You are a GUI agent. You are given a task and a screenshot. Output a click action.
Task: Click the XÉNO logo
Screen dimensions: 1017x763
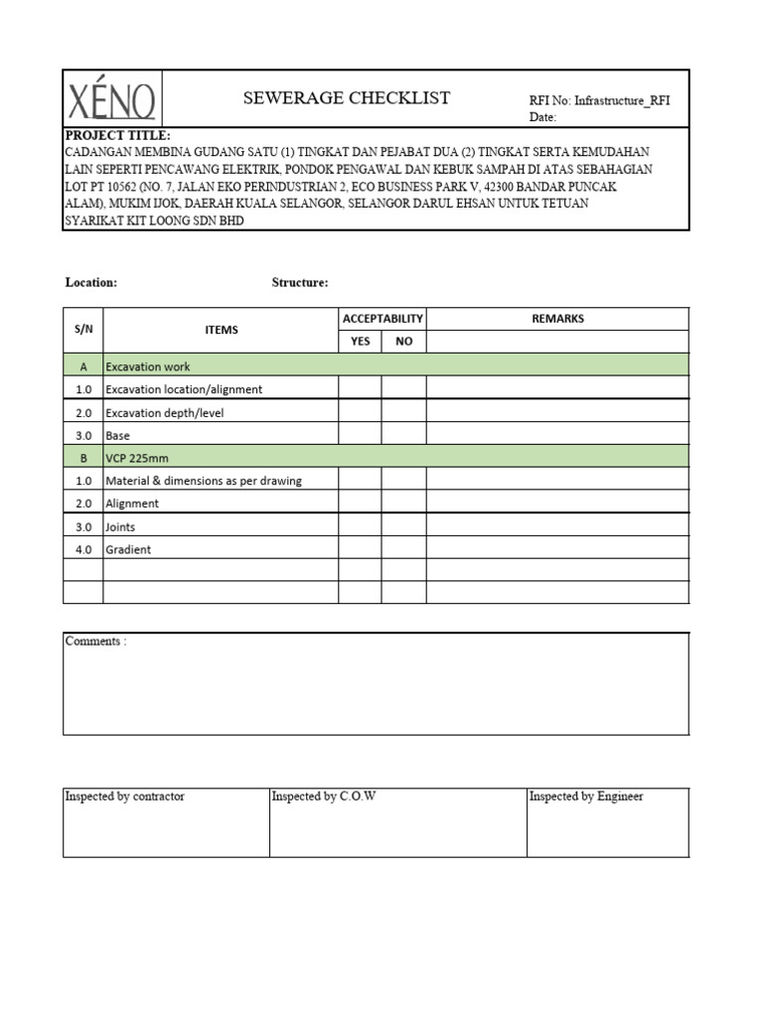coord(112,100)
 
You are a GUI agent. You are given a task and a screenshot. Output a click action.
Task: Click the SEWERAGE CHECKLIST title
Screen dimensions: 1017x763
coord(347,97)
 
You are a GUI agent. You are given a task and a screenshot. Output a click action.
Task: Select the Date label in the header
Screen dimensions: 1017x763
coord(542,117)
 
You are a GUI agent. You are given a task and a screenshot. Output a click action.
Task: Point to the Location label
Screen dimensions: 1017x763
coord(91,283)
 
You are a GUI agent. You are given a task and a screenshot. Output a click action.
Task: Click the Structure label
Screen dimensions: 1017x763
coord(300,283)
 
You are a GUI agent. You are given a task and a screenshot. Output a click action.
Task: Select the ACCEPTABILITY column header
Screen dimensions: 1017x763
coord(382,319)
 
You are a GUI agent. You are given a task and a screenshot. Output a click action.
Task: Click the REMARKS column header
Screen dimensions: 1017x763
coord(557,319)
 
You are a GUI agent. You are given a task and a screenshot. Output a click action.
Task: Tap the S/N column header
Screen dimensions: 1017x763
coord(83,330)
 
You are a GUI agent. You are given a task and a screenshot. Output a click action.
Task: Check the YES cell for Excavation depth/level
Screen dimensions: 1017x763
coord(360,412)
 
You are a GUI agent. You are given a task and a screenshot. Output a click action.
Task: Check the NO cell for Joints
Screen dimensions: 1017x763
coord(403,526)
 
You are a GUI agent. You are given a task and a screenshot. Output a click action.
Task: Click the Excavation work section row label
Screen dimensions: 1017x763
coord(148,366)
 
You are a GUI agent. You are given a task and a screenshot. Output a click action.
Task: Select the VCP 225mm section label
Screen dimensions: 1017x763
coord(134,458)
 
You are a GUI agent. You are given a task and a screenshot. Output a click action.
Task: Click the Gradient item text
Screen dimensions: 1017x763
coord(129,549)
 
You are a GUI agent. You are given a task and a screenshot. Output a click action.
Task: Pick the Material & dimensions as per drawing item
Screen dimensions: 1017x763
coord(204,481)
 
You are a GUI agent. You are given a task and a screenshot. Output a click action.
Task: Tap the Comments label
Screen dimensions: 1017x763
coord(95,642)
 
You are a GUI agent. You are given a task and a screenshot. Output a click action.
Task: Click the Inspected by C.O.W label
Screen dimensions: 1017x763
coord(324,797)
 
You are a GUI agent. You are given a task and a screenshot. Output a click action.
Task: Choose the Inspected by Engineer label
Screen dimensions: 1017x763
coord(586,797)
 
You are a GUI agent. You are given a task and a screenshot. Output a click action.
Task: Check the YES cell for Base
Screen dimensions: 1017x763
coord(360,435)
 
